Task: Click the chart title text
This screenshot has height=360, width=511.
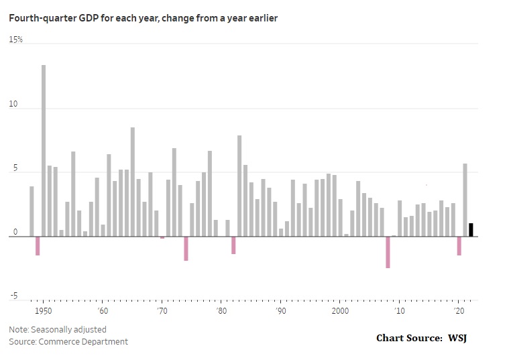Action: (x=143, y=18)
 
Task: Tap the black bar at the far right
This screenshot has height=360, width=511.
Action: (x=471, y=229)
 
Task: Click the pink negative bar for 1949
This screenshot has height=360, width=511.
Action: (x=38, y=245)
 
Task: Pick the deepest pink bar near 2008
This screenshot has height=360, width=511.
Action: (x=388, y=252)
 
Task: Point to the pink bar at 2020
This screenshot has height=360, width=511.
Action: (x=459, y=245)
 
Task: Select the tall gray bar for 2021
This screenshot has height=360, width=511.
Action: (x=465, y=200)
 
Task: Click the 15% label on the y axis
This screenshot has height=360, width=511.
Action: (x=15, y=40)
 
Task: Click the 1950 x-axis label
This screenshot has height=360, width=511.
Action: (x=44, y=311)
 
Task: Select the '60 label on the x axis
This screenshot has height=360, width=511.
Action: (x=103, y=311)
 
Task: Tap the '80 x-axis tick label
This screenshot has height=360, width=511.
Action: (x=221, y=311)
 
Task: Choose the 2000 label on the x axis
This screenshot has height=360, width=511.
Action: (x=340, y=311)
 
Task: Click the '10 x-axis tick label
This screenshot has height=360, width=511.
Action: (x=400, y=311)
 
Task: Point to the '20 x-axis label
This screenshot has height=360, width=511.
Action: (x=459, y=311)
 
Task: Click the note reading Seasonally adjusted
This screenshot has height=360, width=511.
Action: (x=58, y=329)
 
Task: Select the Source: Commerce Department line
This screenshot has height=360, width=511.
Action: (x=68, y=341)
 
